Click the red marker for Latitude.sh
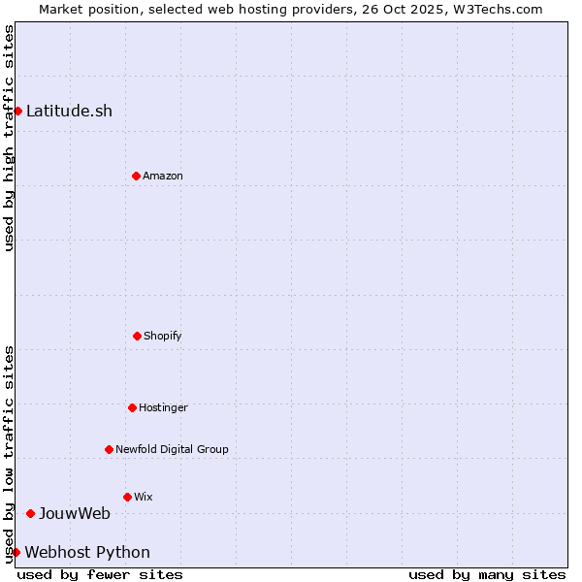pyautogui.click(x=17, y=111)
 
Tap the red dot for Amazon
pyautogui.click(x=136, y=176)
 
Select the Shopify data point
pyautogui.click(x=137, y=336)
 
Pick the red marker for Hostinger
pyautogui.click(x=132, y=407)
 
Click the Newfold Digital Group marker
pyautogui.click(x=109, y=449)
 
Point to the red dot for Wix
pyautogui.click(x=127, y=497)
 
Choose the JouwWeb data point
pyautogui.click(x=30, y=513)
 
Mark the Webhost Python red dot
pyautogui.click(x=16, y=552)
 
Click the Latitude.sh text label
pyautogui.click(x=69, y=111)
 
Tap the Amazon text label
pyautogui.click(x=163, y=176)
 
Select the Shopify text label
pyautogui.click(x=163, y=336)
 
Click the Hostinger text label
pyautogui.click(x=163, y=407)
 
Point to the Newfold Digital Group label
pyautogui.click(x=172, y=449)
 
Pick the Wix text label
pyautogui.click(x=144, y=497)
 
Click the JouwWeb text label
pyautogui.click(x=75, y=513)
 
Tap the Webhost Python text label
pyautogui.click(x=87, y=552)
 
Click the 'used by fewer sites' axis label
pyautogui.click(x=100, y=574)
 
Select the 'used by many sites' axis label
pyautogui.click(x=487, y=574)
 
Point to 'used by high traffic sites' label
pyautogui.click(x=9, y=138)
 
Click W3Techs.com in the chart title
pyautogui.click(x=496, y=9)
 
